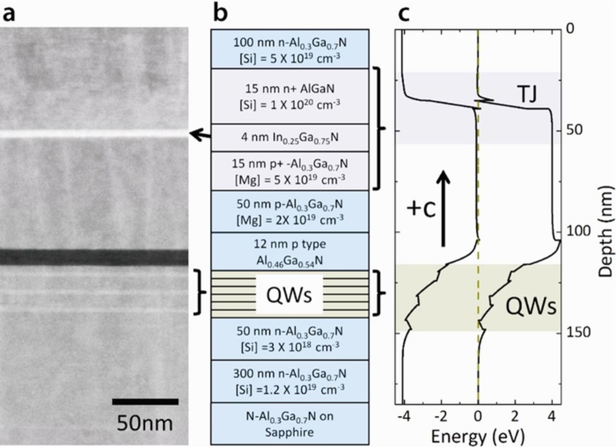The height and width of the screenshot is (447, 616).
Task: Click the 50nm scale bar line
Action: click(145, 402)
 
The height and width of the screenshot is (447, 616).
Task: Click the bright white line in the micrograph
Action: click(94, 134)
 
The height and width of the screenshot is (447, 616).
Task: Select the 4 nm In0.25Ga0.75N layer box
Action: click(290, 138)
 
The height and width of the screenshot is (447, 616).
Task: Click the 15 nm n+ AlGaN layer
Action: click(290, 96)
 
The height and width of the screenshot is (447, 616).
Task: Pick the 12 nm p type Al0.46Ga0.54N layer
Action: click(290, 251)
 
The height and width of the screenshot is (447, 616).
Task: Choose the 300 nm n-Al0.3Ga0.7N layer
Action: click(290, 381)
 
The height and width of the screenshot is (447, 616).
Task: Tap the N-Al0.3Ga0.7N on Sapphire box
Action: click(290, 423)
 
